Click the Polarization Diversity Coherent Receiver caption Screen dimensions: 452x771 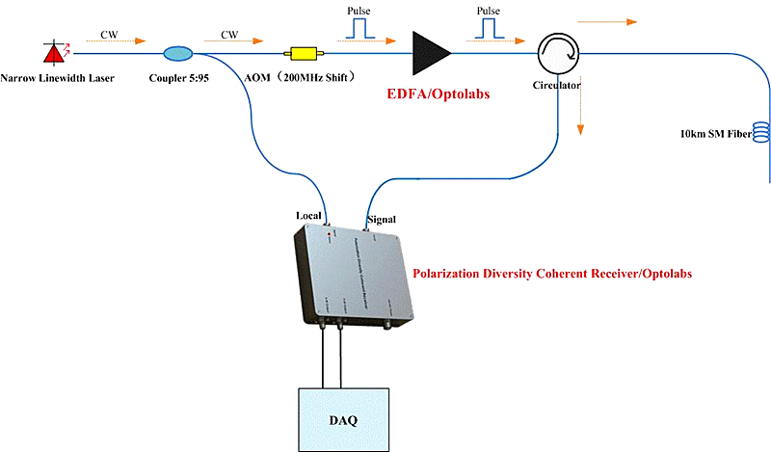[x=551, y=274]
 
